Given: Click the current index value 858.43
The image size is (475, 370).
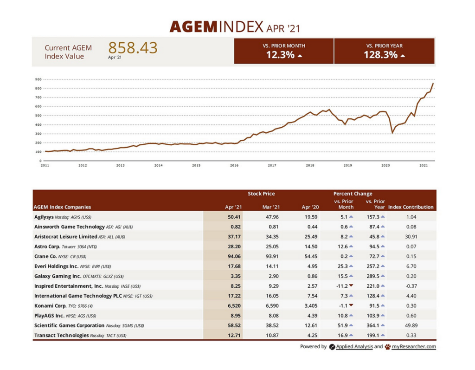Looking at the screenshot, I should coord(133,48).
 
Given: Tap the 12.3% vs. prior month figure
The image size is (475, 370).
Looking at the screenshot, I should coord(280,55).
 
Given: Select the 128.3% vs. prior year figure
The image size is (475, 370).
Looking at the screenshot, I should coord(380,55).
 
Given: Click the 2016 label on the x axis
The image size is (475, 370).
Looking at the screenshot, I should coord(234,165).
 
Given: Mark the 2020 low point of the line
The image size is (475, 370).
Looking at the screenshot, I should coord(392,133).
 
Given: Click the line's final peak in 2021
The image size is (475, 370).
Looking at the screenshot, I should coord(433,84).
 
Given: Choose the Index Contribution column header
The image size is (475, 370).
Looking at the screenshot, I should coord(411,207).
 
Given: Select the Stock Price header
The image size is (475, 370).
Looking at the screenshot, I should coord(261,194).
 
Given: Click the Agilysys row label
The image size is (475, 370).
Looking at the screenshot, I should coord(44,217).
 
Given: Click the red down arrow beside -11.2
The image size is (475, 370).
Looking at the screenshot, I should coord(351,286).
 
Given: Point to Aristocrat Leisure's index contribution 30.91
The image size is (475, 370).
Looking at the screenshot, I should coord(411,237).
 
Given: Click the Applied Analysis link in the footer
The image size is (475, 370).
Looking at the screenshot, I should coord(354,346).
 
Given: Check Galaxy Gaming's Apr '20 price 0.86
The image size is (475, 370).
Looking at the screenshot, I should coord(310,276).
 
